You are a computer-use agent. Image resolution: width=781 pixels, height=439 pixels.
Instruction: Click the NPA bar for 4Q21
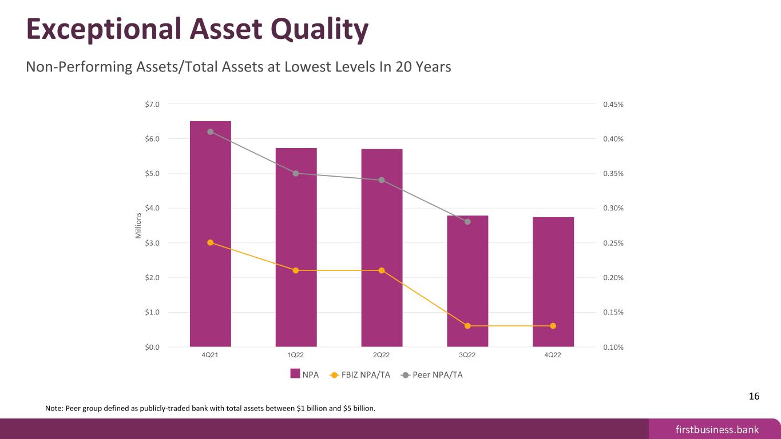[x=210, y=234]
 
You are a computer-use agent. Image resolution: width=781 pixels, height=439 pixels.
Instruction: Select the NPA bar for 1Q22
[x=296, y=248]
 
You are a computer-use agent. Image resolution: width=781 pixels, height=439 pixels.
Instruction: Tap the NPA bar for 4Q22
[x=553, y=282]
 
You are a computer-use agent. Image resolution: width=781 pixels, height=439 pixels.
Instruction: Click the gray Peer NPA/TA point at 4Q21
[x=210, y=131]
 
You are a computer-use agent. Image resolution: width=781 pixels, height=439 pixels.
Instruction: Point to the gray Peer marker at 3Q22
[x=467, y=222]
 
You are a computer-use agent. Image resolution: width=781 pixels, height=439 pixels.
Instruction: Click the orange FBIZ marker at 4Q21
[x=210, y=242]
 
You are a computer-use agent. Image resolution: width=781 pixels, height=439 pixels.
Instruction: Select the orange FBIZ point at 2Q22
[x=382, y=270]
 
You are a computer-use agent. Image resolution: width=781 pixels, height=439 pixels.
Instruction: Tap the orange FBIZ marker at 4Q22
[x=553, y=326]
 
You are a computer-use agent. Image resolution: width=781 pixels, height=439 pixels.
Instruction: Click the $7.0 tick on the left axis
[x=152, y=104]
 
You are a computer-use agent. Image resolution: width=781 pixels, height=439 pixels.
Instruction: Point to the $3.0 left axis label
[x=152, y=243]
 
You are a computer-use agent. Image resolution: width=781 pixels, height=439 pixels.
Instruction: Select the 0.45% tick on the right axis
[x=613, y=104]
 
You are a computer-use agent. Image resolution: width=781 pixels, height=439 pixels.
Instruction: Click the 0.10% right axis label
[x=613, y=347]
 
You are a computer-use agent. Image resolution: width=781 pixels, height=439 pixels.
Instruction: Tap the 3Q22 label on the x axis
[x=467, y=354]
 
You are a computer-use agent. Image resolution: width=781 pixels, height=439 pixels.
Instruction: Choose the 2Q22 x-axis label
[x=382, y=354]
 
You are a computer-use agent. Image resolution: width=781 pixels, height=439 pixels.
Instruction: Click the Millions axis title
[x=138, y=226]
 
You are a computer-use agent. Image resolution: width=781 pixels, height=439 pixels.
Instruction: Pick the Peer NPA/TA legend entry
[x=432, y=375]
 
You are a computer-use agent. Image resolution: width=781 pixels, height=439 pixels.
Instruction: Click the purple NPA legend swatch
[x=295, y=373]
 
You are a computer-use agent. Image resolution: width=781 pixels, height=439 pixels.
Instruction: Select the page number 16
[x=754, y=396]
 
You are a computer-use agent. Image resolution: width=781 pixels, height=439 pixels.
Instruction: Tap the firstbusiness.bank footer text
[x=717, y=429]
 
